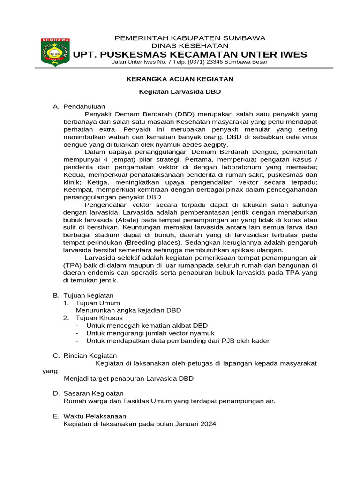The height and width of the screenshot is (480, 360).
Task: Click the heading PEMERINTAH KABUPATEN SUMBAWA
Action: click(190, 37)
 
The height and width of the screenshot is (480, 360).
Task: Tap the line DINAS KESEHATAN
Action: click(190, 45)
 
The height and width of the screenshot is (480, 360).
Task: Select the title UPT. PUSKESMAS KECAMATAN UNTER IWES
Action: click(190, 55)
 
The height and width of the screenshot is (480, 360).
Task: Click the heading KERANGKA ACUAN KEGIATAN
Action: click(180, 79)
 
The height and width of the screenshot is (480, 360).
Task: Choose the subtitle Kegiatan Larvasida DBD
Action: click(180, 92)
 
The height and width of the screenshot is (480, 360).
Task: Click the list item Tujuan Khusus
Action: click(99, 318)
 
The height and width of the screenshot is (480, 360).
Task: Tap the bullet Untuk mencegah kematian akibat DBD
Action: click(147, 325)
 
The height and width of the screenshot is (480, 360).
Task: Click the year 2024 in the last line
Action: click(208, 423)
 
